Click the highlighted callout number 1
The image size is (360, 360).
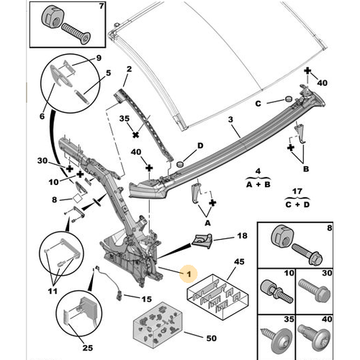[189, 274]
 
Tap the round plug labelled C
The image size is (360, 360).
[288, 99]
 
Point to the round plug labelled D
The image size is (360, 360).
[180, 164]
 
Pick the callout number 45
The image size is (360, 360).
[239, 261]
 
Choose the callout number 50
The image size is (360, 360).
[212, 338]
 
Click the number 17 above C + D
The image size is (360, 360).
[297, 192]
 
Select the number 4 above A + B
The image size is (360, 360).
[258, 171]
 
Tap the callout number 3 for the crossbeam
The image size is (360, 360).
[230, 120]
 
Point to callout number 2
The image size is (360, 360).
[129, 69]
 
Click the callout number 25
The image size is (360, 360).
[87, 348]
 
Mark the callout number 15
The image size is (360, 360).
[147, 299]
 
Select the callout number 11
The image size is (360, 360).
[53, 291]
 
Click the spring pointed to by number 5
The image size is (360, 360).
[83, 96]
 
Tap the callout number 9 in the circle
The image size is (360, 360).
[99, 58]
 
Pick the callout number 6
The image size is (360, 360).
[42, 116]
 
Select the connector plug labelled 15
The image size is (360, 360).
[119, 294]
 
